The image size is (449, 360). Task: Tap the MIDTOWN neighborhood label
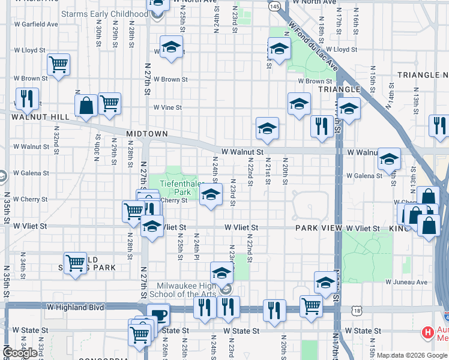[x=146, y=133]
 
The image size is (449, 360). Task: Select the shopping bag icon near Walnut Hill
[x=86, y=106]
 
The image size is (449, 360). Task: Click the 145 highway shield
[x=274, y=5]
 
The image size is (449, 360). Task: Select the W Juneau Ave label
[x=406, y=281]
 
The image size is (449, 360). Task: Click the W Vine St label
[x=167, y=108]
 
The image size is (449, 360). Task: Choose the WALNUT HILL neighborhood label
[x=35, y=116]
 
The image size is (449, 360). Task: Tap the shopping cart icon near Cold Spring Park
[x=75, y=262]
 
